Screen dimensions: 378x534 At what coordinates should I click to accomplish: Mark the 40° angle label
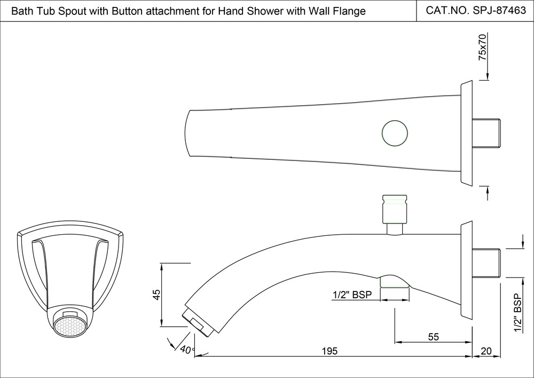click(187, 350)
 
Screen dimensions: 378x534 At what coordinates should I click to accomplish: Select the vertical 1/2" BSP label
click(516, 313)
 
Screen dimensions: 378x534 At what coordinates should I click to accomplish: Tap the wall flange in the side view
click(466, 271)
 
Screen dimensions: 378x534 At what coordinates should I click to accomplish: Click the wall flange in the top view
click(466, 133)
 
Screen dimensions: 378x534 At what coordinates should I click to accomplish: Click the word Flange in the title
click(348, 11)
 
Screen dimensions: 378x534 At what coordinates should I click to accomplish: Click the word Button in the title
click(124, 11)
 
